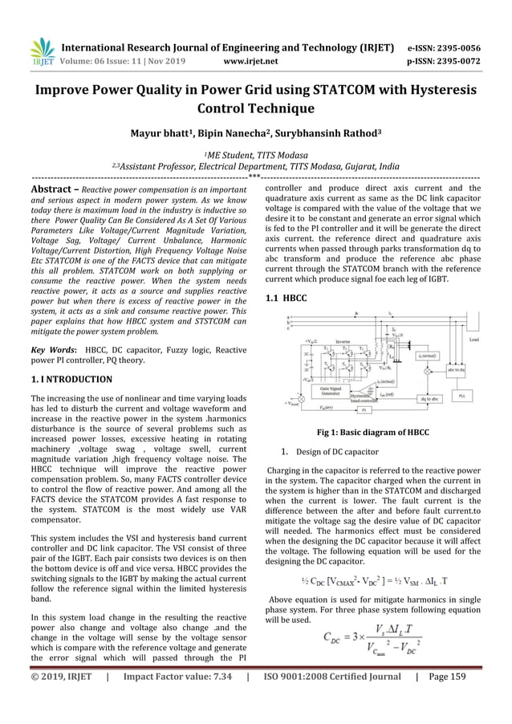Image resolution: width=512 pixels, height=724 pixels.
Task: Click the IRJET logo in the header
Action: [x=41, y=52]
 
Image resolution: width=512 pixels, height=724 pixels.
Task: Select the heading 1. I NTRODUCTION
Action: [x=71, y=378]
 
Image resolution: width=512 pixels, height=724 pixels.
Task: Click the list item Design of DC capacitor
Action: [x=337, y=452]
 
